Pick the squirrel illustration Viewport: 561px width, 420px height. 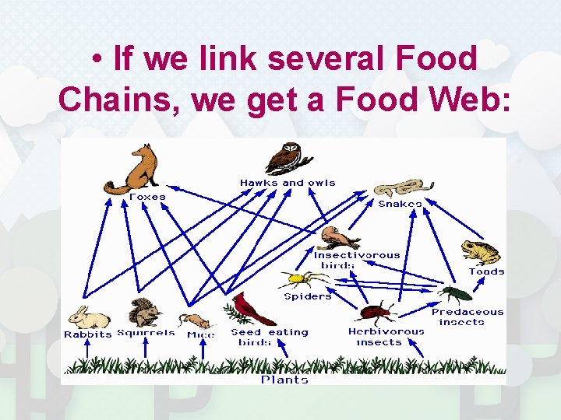coord(145,312)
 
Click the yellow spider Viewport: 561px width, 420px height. coord(300,279)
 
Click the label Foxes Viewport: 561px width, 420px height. coord(147,198)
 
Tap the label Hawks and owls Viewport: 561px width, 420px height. coord(288,184)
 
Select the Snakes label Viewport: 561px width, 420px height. coord(400,204)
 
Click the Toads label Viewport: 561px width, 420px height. coord(486,271)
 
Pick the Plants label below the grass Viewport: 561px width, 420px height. coord(284,380)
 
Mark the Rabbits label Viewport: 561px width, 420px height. coord(87,334)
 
